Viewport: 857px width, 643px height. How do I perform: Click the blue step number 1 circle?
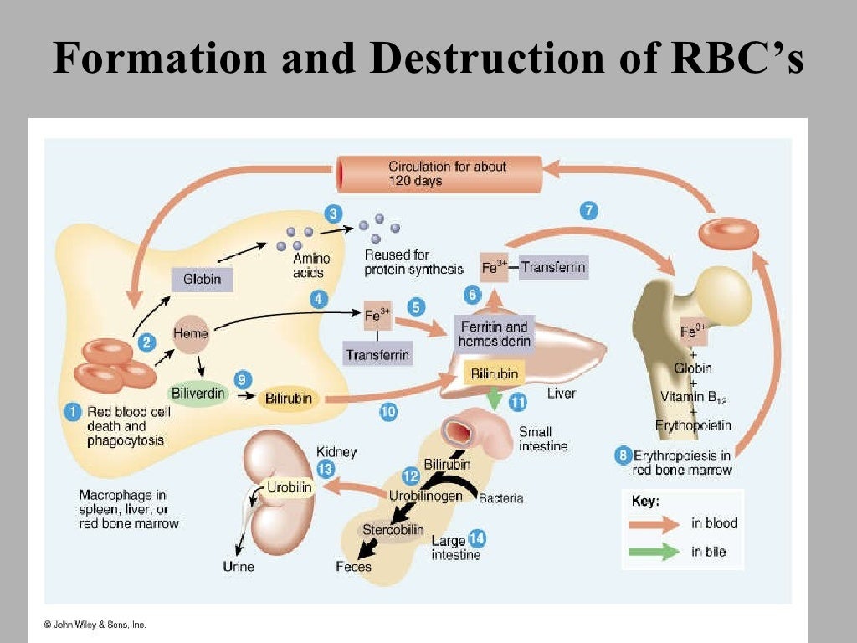click(74, 411)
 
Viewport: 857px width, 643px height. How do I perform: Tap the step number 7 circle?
click(589, 211)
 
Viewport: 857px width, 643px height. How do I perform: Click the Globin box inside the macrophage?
click(202, 279)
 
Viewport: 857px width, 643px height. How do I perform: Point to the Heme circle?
click(190, 333)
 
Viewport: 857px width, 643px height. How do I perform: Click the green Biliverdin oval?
click(194, 393)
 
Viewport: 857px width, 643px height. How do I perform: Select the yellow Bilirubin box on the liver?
click(494, 373)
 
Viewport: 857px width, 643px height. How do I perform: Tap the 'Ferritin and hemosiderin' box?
click(493, 334)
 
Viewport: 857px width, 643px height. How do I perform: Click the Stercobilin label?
click(393, 530)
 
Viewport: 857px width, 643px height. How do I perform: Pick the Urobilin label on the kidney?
click(289, 486)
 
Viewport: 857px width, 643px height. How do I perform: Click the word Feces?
click(353, 567)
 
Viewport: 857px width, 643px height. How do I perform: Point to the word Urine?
click(238, 567)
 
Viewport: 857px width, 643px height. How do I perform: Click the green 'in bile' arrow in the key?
click(658, 552)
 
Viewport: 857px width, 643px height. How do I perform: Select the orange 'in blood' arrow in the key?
click(658, 524)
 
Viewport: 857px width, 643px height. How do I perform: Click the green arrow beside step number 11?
click(495, 399)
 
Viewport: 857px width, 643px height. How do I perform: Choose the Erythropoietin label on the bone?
click(693, 425)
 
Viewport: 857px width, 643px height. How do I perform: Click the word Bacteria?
click(500, 498)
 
